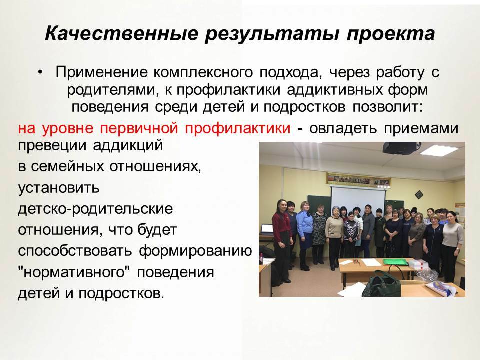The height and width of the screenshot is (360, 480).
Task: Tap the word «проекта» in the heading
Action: [x=391, y=34]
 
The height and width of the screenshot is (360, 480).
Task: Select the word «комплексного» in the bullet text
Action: [x=203, y=73]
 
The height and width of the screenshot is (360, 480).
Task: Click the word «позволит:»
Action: [x=388, y=107]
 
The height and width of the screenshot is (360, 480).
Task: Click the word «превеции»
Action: [x=52, y=145]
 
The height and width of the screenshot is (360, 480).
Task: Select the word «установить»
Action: [x=59, y=188]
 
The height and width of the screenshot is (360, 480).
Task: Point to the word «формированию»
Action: [x=195, y=251]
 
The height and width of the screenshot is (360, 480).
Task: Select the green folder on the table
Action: [x=395, y=262]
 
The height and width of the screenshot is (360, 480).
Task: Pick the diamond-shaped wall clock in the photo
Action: [x=419, y=194]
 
